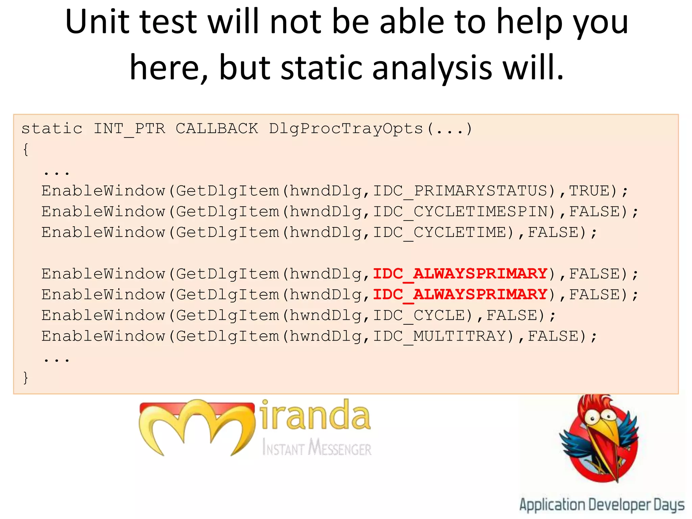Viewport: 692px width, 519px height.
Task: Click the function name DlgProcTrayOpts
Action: pos(346,129)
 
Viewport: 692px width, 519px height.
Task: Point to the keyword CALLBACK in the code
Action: pos(217,129)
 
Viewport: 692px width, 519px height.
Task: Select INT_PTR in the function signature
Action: pos(129,129)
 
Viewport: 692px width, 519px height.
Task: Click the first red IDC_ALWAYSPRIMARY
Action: pos(460,274)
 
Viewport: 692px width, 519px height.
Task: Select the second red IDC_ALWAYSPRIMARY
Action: pos(460,295)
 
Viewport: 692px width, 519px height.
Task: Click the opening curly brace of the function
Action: pos(26,149)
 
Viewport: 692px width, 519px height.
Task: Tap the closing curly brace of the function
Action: pos(26,377)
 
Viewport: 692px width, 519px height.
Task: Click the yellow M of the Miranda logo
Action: pos(196,426)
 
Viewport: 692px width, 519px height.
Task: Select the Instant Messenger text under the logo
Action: pos(317,448)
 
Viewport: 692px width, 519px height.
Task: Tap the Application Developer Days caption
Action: pos(601,505)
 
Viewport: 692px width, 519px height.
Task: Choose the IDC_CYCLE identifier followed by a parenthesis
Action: pos(419,316)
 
